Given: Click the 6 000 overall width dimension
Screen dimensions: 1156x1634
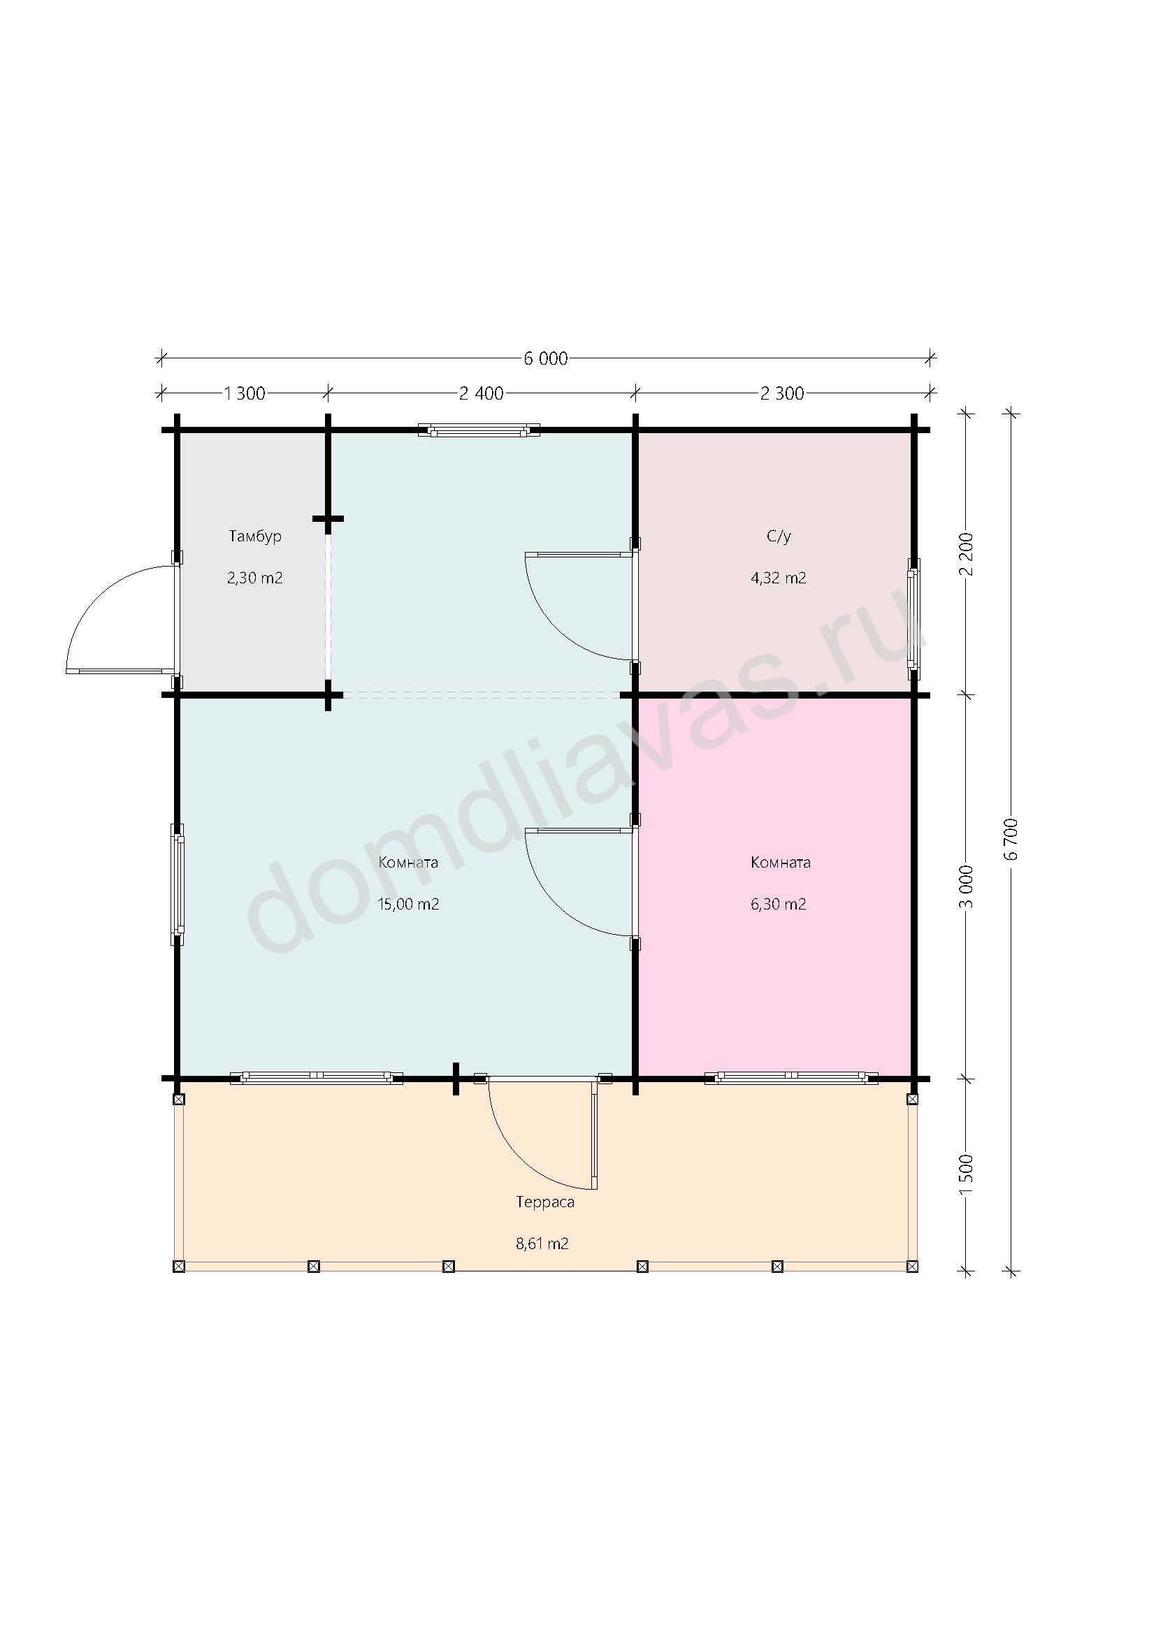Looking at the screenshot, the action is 546,358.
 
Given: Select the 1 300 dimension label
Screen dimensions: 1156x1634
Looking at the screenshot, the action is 244,393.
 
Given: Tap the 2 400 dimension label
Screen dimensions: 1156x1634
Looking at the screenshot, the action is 481,393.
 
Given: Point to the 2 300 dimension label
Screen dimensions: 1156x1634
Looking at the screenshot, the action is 781,393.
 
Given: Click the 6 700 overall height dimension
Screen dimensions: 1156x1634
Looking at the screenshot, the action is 1013,839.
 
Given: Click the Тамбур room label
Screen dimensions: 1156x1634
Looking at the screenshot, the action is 255,537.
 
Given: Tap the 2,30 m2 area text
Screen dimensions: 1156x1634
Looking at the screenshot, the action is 255,578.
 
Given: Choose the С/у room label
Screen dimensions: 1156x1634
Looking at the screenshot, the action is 779,537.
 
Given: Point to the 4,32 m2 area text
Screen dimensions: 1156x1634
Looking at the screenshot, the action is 779,578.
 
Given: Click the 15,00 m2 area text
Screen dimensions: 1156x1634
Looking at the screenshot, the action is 408,905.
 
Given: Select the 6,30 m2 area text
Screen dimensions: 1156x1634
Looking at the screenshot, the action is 779,905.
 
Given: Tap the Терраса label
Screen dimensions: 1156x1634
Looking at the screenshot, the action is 545,1202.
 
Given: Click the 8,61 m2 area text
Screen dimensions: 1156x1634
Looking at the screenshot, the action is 542,1244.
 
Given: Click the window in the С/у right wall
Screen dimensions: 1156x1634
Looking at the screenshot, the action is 914,619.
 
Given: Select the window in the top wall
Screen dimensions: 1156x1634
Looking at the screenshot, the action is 478,430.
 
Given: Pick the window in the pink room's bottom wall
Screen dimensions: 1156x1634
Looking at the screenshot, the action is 791,1078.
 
